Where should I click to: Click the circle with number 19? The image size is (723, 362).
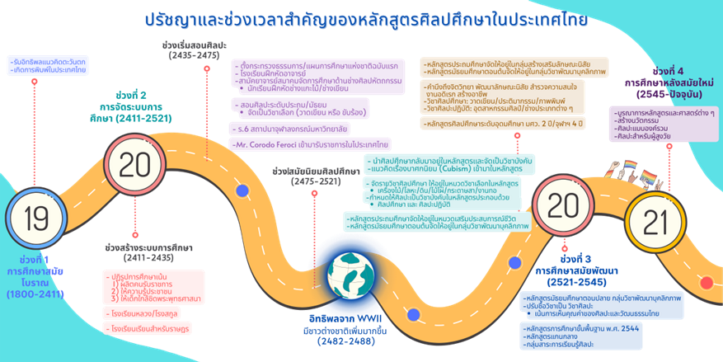click(x=36, y=219)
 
